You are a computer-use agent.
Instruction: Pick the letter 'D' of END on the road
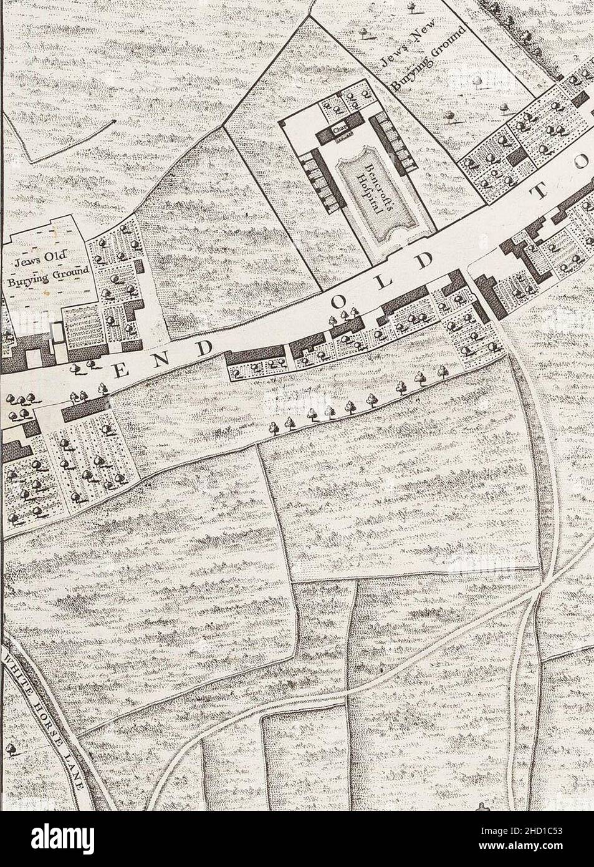pos(208,347)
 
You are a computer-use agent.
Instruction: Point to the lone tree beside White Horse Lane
pos(11,749)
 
